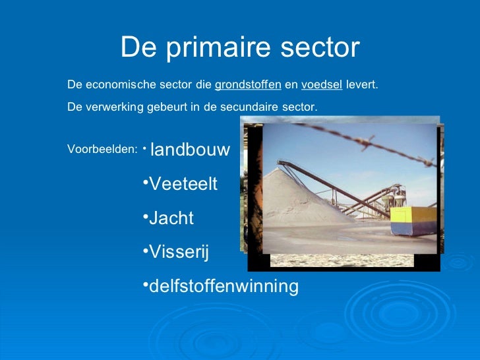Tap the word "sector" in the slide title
[x=320, y=48]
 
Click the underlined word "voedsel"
[x=321, y=85]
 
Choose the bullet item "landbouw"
[x=190, y=150]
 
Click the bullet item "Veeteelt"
[x=183, y=184]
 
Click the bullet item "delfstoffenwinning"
[x=223, y=287]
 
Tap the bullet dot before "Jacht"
[x=145, y=215]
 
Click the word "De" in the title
[x=137, y=48]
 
